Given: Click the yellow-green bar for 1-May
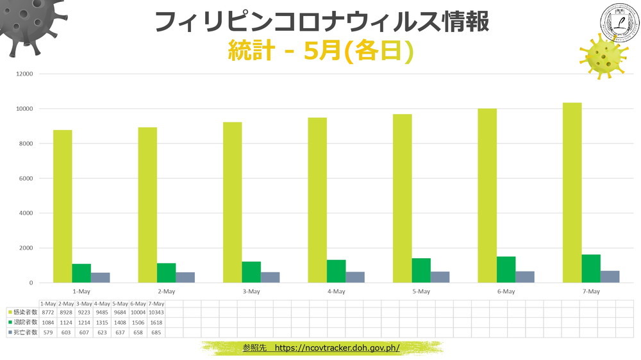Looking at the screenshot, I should tap(62, 206).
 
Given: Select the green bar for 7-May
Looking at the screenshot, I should tap(591, 268).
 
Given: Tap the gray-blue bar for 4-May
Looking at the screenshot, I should tap(355, 277).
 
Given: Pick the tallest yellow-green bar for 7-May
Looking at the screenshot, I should tap(572, 192).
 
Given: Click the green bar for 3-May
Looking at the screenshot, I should tap(251, 272).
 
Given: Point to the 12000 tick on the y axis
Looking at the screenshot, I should tap(24, 74).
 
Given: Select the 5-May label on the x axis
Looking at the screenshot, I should tap(420, 291).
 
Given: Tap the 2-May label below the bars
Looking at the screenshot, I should tap(166, 291).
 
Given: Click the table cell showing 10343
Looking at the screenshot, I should tap(156, 312).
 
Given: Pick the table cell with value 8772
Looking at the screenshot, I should tap(48, 312).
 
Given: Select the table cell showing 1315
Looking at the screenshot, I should tap(103, 322).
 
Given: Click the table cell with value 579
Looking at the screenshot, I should tap(48, 332).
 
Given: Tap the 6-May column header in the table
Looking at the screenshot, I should tap(138, 303).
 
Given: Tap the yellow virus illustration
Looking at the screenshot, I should tap(603, 57).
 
